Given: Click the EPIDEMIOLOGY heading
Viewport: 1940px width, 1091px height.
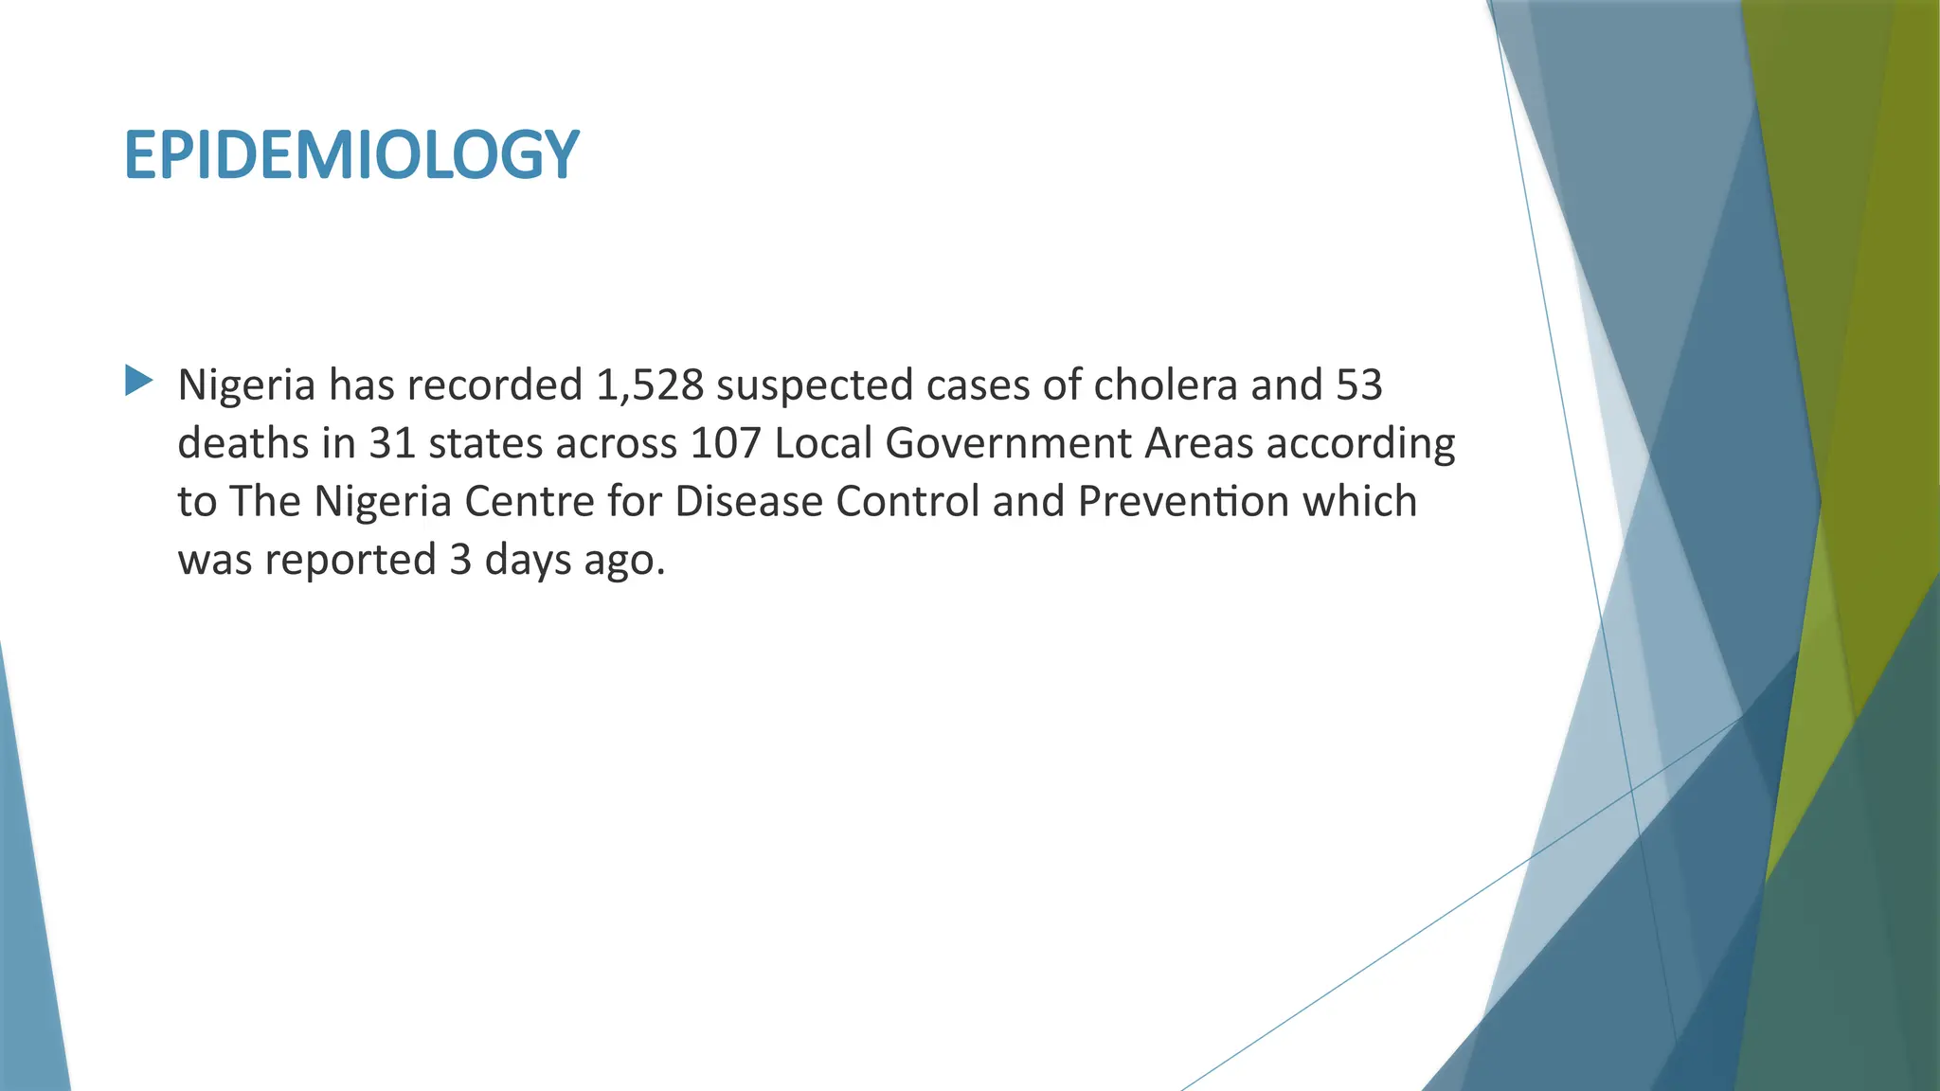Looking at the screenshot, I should (350, 155).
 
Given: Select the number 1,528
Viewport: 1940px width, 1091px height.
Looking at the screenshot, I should (650, 385).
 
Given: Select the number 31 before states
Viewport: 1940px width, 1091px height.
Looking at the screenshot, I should (392, 443).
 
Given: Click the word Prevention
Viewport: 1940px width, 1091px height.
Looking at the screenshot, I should (1183, 502).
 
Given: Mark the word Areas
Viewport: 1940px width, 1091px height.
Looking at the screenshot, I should (1198, 443).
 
